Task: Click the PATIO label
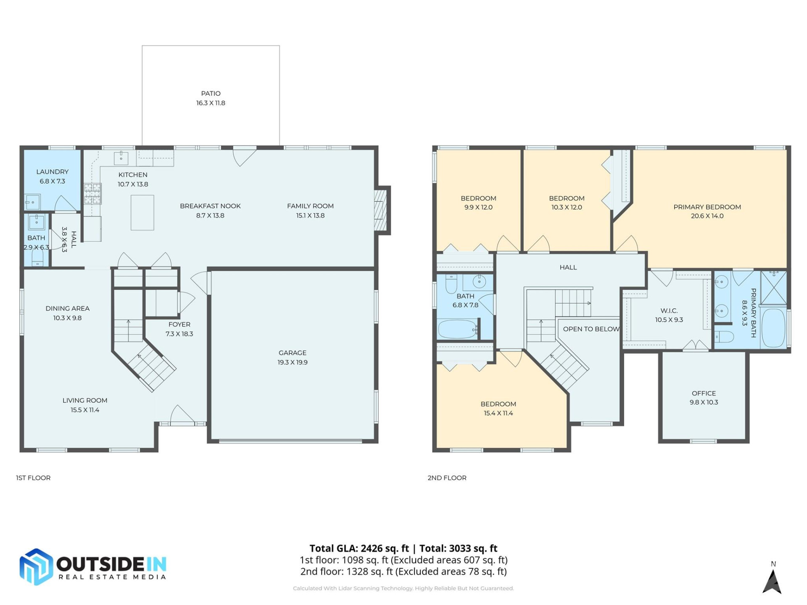click(211, 93)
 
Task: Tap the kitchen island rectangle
click(142, 213)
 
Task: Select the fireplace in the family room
click(380, 210)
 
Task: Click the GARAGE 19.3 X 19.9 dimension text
click(293, 363)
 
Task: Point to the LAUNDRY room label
click(52, 172)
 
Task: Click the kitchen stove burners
click(92, 194)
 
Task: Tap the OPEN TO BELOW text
click(591, 329)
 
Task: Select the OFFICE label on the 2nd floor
click(704, 393)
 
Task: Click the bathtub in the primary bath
click(773, 328)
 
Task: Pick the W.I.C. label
click(669, 311)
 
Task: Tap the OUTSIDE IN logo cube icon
click(36, 567)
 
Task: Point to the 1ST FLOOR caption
click(33, 478)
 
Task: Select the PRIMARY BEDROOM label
click(707, 207)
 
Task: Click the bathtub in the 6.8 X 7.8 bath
click(457, 329)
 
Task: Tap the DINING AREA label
click(67, 308)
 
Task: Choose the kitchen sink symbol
click(121, 158)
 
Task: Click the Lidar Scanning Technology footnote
click(403, 588)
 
